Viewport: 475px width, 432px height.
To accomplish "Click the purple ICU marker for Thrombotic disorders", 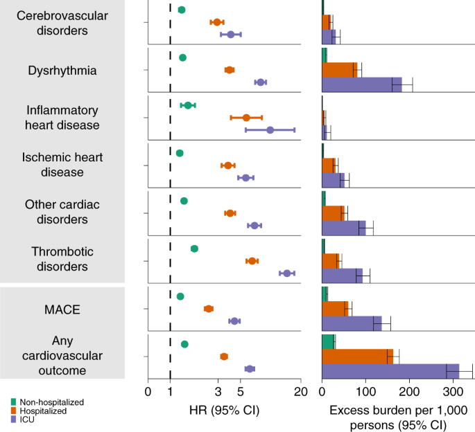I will coord(286,273).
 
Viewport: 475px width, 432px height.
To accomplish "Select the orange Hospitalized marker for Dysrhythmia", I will coord(230,70).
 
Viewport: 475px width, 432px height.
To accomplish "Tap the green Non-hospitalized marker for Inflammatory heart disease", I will coord(188,105).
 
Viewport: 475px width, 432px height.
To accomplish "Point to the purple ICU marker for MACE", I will coord(234,321).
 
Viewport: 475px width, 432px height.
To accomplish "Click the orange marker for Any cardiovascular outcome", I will coord(224,357).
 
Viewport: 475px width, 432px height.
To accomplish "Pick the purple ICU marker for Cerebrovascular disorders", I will coord(230,34).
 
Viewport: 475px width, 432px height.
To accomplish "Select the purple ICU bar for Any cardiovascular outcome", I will coord(390,371).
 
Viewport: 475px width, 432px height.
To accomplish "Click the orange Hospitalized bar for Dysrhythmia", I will coord(340,70).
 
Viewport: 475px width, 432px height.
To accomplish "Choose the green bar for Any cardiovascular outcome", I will coord(329,342).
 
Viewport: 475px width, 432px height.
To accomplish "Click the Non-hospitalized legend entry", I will coord(46,402).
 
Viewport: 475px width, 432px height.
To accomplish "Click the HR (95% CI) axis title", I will coord(224,410).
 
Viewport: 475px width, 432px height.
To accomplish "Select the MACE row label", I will coord(62,309).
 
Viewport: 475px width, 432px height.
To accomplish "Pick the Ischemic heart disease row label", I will coord(63,164).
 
